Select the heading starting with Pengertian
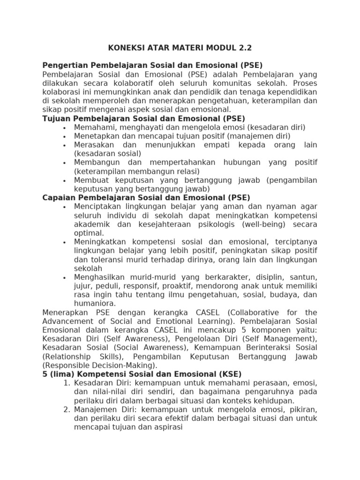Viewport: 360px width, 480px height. pos(152,65)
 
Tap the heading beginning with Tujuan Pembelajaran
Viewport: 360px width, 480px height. pos(143,119)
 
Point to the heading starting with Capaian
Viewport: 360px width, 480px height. pos(146,198)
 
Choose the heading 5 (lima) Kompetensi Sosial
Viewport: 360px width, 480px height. pos(142,374)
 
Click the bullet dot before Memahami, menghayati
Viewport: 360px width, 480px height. pos(64,127)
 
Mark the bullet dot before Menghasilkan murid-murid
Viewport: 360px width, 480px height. pos(64,277)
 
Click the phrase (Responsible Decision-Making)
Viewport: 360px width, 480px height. pos(100,365)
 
